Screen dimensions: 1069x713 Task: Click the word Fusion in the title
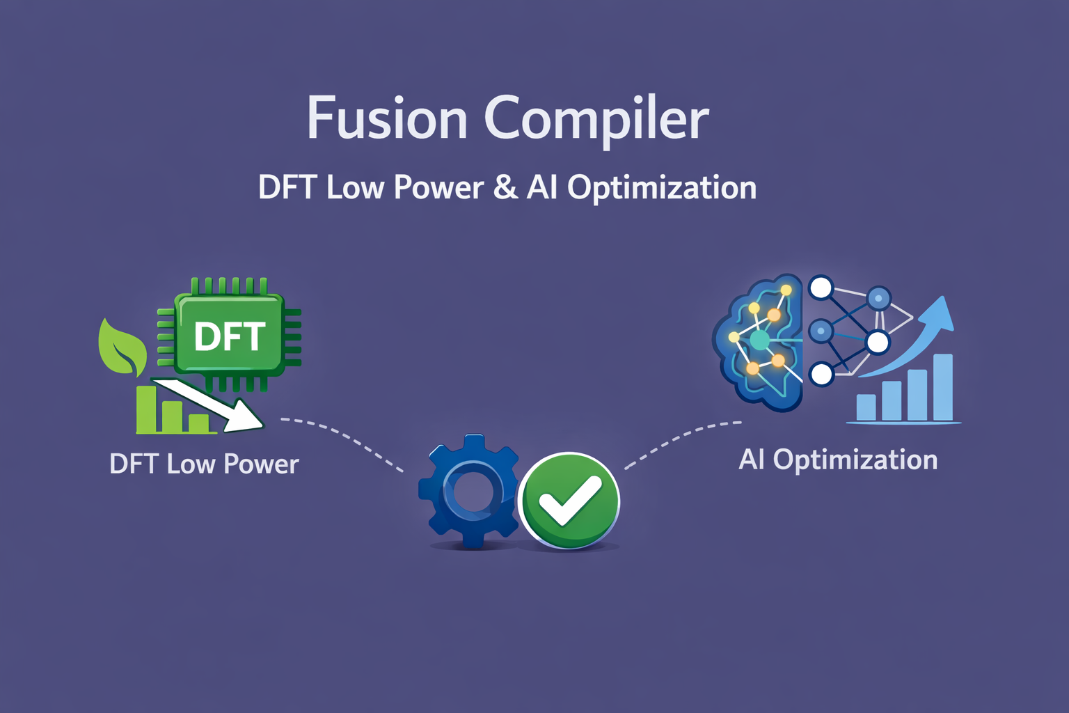point(386,117)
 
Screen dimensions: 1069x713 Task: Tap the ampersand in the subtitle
point(505,187)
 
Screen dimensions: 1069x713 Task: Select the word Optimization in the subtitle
point(662,189)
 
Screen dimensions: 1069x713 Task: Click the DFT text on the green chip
point(230,337)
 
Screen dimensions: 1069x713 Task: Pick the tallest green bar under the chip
point(147,409)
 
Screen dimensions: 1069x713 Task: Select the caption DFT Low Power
point(204,464)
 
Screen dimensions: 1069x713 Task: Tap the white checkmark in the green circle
point(569,501)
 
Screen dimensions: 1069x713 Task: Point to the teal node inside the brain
point(759,340)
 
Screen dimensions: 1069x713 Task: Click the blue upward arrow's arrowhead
point(936,315)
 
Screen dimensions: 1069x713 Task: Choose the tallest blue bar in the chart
point(942,387)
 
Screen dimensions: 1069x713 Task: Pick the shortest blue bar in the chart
point(866,407)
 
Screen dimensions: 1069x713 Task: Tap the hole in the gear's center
point(470,492)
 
